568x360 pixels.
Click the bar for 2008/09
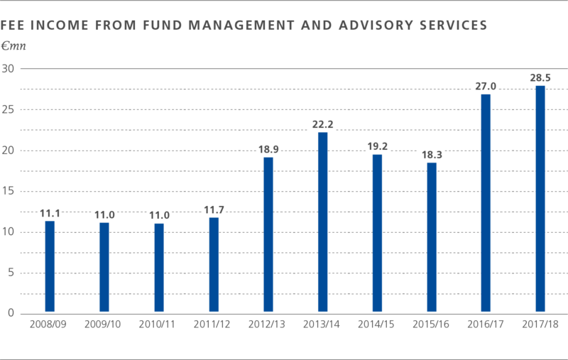50,266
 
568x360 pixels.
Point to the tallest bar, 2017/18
541,199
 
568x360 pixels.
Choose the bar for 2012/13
268,234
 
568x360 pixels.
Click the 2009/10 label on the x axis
104,323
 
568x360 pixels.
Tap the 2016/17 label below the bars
486,323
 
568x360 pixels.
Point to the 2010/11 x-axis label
159,323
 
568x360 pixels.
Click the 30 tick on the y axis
9,69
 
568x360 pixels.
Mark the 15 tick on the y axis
9,192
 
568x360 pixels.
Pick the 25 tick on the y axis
9,110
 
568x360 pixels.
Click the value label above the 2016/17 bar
486,86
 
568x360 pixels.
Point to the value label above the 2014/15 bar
378,146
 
